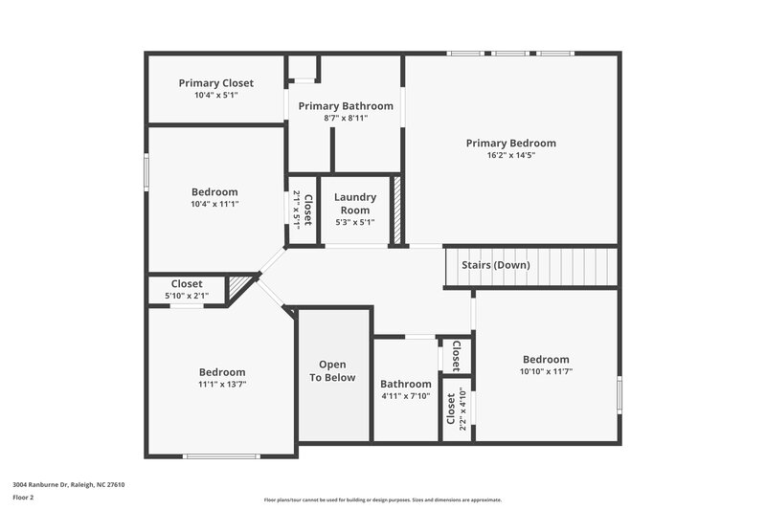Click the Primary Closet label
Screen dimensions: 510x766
pyautogui.click(x=216, y=83)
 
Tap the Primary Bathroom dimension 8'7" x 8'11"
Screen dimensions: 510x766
pyautogui.click(x=346, y=118)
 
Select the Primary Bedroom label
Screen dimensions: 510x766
pyautogui.click(x=510, y=144)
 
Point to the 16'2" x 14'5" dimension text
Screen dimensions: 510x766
pyautogui.click(x=510, y=155)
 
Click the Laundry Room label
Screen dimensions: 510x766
pyautogui.click(x=355, y=204)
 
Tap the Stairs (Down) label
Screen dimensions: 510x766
pyautogui.click(x=496, y=265)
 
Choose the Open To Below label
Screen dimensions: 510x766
pyautogui.click(x=332, y=371)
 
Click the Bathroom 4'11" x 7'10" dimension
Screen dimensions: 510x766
pyautogui.click(x=406, y=396)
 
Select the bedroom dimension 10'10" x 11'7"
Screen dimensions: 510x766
pyautogui.click(x=546, y=371)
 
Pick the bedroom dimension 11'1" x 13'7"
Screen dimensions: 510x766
pyautogui.click(x=222, y=384)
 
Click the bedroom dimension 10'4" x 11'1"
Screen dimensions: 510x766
pyautogui.click(x=214, y=204)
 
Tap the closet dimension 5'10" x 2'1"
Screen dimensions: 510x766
pyautogui.click(x=187, y=296)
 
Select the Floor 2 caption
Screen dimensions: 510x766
pyautogui.click(x=24, y=498)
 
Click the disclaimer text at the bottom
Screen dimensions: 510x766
pyautogui.click(x=382, y=499)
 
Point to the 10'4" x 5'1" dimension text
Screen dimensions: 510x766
pyautogui.click(x=216, y=95)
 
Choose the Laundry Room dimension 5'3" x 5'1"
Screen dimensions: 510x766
pyautogui.click(x=355, y=222)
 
